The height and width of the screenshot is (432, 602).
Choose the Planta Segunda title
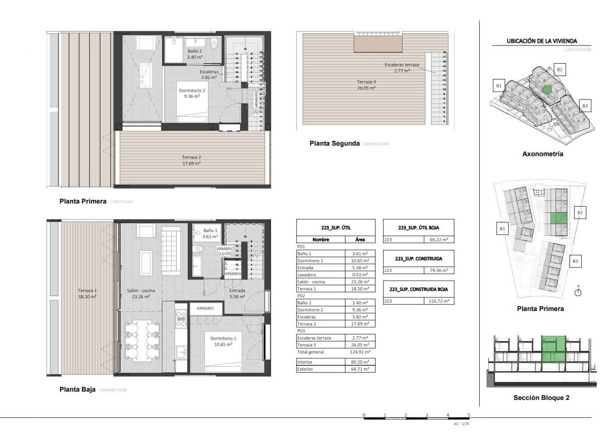(x=334, y=143)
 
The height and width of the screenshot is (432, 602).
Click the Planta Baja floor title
(x=77, y=389)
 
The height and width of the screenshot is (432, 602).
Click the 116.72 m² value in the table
(x=439, y=301)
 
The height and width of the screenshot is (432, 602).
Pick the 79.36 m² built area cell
(x=439, y=271)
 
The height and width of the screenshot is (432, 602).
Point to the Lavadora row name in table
(x=306, y=275)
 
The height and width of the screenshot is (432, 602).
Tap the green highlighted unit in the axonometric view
(x=546, y=89)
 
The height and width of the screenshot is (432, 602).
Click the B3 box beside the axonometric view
(x=584, y=106)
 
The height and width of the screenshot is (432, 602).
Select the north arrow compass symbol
(x=578, y=292)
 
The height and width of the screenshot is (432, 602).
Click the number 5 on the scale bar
(x=469, y=415)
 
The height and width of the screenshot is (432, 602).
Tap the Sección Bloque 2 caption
(x=541, y=398)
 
